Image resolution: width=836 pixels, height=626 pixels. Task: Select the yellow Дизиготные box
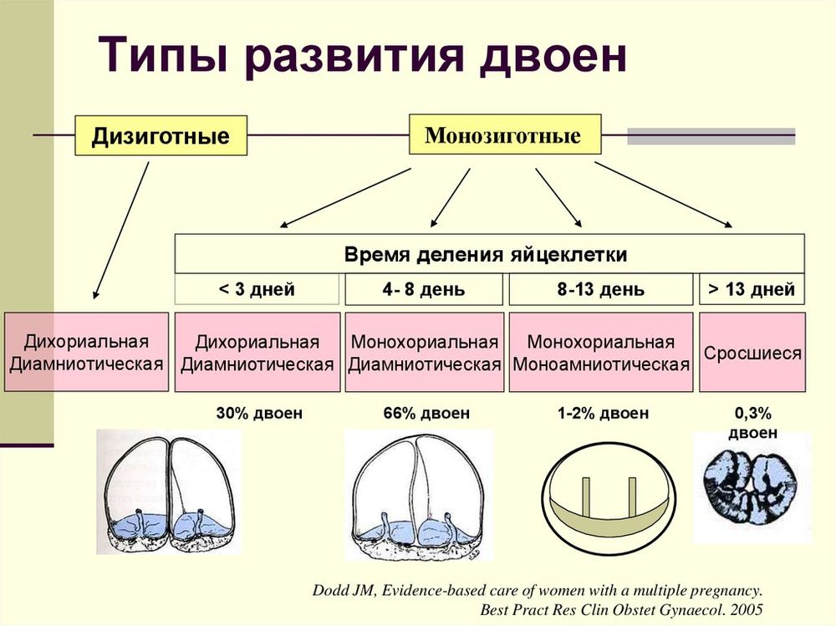pyautogui.click(x=161, y=135)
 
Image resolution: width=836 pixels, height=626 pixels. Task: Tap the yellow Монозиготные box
pyautogui.click(x=504, y=135)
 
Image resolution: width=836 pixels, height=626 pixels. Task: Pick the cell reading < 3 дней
pyautogui.click(x=257, y=290)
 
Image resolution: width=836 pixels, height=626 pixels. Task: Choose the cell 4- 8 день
pyautogui.click(x=425, y=290)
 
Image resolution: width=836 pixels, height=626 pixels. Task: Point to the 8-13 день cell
pyautogui.click(x=601, y=290)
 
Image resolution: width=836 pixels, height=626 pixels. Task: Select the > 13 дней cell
pyautogui.click(x=752, y=290)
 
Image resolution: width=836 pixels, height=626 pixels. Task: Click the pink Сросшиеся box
pyautogui.click(x=752, y=353)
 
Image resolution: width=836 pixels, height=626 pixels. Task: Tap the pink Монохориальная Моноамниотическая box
pyautogui.click(x=601, y=353)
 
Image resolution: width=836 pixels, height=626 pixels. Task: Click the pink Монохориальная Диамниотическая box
pyautogui.click(x=425, y=353)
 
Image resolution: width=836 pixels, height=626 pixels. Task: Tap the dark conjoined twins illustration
pyautogui.click(x=751, y=485)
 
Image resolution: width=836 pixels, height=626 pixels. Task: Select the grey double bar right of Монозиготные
pyautogui.click(x=711, y=136)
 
